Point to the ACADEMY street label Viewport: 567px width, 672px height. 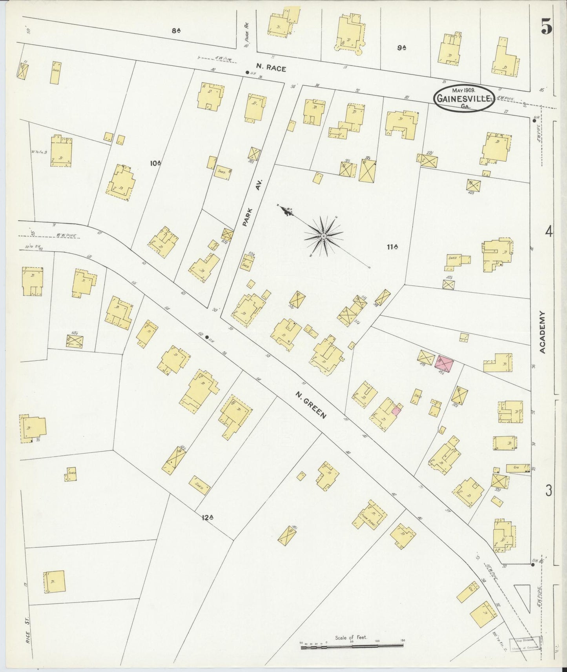coord(542,332)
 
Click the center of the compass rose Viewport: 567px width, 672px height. coord(323,236)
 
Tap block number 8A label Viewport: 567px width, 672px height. coord(175,31)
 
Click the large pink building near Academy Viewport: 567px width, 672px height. coord(444,363)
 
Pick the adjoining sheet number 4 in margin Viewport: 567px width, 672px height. coord(548,232)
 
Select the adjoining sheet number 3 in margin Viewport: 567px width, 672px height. coord(549,490)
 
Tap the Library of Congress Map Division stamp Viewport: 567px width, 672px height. coord(526,642)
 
